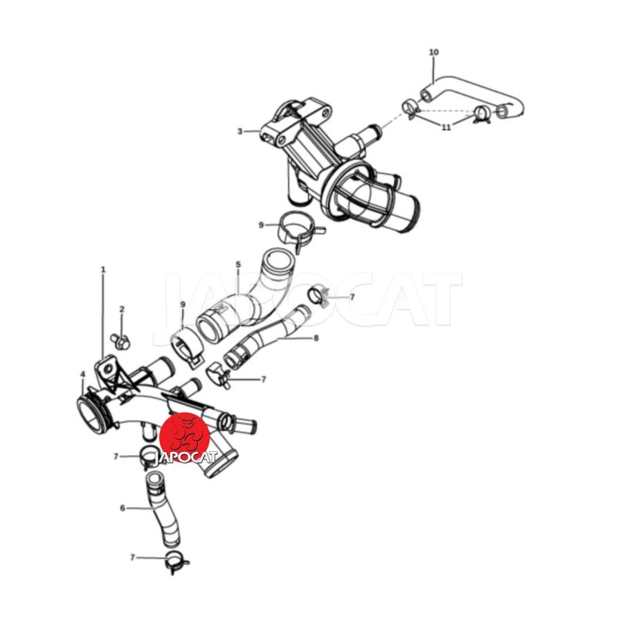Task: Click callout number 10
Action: pyautogui.click(x=433, y=52)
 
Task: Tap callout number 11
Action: pyautogui.click(x=446, y=127)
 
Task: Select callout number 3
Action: pyautogui.click(x=239, y=131)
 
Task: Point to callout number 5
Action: pyautogui.click(x=238, y=263)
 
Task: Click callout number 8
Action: pyautogui.click(x=316, y=338)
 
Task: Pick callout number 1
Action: pyautogui.click(x=104, y=270)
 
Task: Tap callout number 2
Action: pyautogui.click(x=122, y=310)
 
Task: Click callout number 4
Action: pyautogui.click(x=83, y=374)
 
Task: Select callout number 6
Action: pyautogui.click(x=122, y=508)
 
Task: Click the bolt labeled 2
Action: pyautogui.click(x=120, y=341)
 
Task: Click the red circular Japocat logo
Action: pyautogui.click(x=183, y=437)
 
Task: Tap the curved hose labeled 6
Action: pyautogui.click(x=161, y=512)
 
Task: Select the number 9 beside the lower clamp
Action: pyautogui.click(x=182, y=304)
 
